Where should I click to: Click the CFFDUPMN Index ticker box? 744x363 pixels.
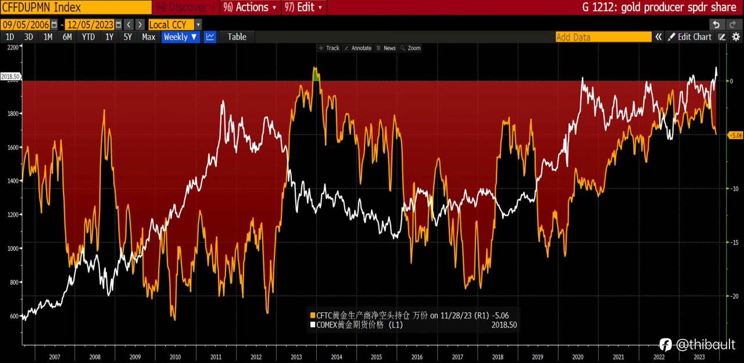tap(76, 8)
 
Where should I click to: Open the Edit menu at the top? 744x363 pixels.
tap(304, 8)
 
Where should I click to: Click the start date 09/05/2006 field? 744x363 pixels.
tap(26, 24)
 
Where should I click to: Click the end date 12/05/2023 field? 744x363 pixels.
tap(90, 24)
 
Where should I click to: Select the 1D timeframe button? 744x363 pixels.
tap(10, 37)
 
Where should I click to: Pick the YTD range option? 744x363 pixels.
tap(88, 37)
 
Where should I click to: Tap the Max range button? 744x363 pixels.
tap(148, 37)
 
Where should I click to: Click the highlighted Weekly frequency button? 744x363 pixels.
tap(180, 37)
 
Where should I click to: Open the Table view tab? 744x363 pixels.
tap(237, 37)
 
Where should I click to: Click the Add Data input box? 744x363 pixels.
tap(603, 37)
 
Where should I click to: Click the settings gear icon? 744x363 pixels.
tap(735, 37)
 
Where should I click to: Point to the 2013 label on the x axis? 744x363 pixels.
tap(296, 356)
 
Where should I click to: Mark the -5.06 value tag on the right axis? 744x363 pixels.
tap(735, 135)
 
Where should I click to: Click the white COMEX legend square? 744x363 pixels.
tap(312, 325)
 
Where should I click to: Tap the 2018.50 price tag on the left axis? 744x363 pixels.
tap(10, 76)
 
